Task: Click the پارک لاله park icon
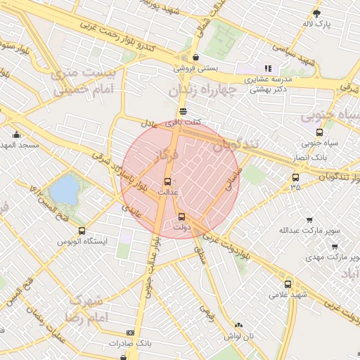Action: coord(317,13)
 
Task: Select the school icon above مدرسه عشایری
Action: coord(267,69)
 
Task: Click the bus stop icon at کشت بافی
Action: coord(183,111)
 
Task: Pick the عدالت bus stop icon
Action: coord(167,181)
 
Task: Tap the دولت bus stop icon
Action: coord(181,217)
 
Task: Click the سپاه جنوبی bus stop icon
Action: coord(320,132)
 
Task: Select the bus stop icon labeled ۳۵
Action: coord(295,177)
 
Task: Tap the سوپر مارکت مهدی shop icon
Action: coord(334,247)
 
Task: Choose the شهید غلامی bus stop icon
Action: coord(288,284)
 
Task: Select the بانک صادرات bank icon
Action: coord(130,333)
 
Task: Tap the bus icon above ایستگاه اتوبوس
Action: coord(82,231)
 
